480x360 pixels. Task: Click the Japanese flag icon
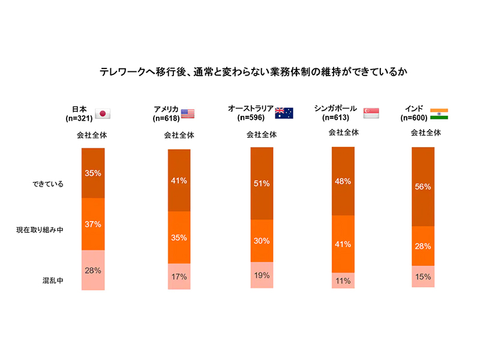coord(103,114)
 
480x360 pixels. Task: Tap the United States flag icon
coord(188,113)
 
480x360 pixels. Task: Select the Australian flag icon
coord(284,113)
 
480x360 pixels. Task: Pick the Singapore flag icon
coord(372,113)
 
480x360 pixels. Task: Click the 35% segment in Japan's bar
coord(93,173)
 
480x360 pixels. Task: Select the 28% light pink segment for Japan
coord(93,270)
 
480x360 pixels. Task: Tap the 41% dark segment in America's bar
coord(179,180)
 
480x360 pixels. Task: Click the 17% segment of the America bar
coord(179,277)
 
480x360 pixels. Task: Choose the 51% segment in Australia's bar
coord(262,184)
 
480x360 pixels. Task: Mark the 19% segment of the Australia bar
coord(262,275)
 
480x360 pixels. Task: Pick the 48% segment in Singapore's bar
coord(343,181)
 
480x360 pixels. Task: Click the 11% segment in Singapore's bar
coord(343,280)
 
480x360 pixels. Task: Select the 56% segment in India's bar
coord(423,187)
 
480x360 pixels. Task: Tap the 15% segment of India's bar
coord(423,276)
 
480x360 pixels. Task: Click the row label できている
coord(48,184)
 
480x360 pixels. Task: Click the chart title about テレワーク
coord(240,73)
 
